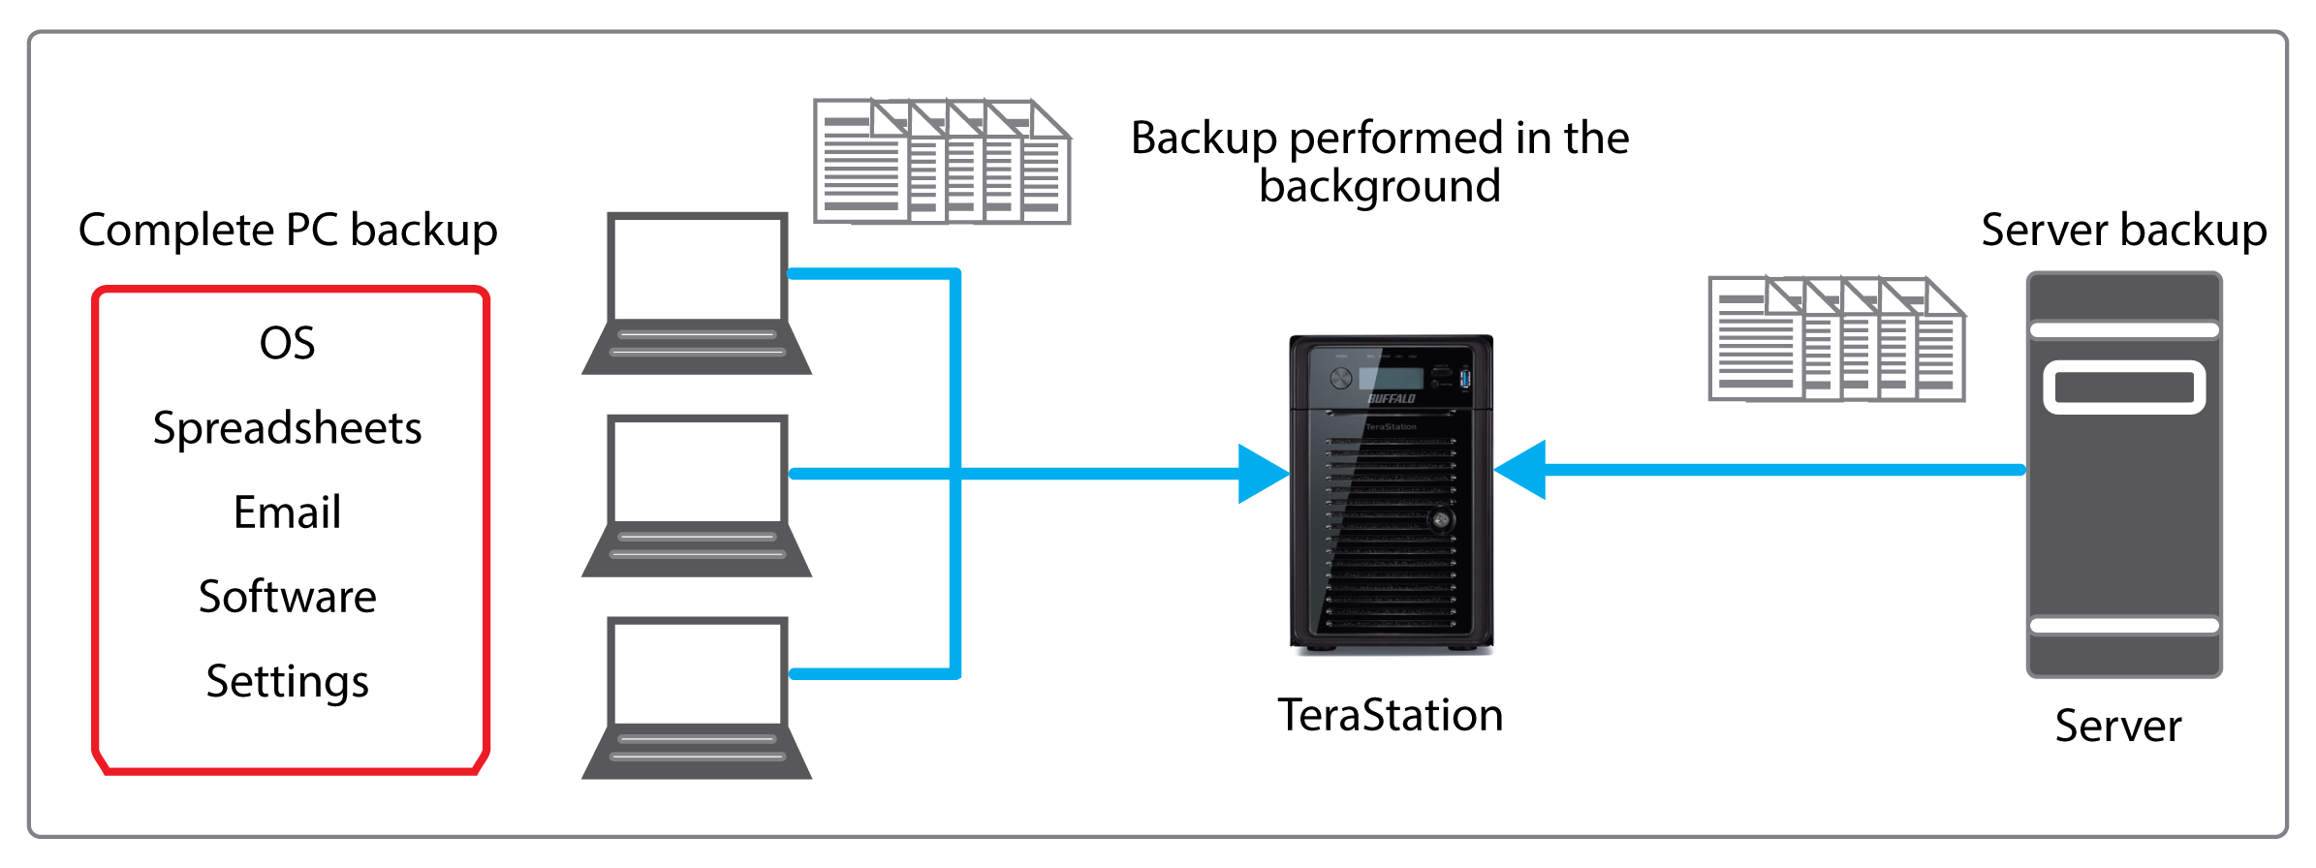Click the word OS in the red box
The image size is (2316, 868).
coord(287,343)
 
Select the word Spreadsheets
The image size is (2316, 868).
coord(287,428)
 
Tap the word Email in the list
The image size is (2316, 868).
coord(287,512)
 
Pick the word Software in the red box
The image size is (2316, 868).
coord(287,597)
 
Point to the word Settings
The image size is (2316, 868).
coord(287,682)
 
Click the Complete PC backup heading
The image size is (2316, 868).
coord(288,231)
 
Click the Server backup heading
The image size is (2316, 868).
coord(2123,231)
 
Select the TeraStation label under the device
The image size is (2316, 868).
coord(1390,716)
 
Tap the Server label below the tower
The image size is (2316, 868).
coord(2118,727)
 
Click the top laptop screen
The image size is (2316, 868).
coord(697,267)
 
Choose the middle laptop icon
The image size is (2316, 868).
coord(697,495)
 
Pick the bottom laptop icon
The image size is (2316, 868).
coord(697,697)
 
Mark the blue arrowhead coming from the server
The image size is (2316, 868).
coord(1521,470)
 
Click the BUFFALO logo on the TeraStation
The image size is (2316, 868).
coord(1392,398)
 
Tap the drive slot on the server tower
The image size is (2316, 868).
coord(2124,387)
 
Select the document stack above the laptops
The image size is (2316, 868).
coord(942,162)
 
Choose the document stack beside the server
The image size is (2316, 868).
coord(1836,339)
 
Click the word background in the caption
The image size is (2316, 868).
coord(1379,186)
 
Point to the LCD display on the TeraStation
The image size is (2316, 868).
coord(1390,378)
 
